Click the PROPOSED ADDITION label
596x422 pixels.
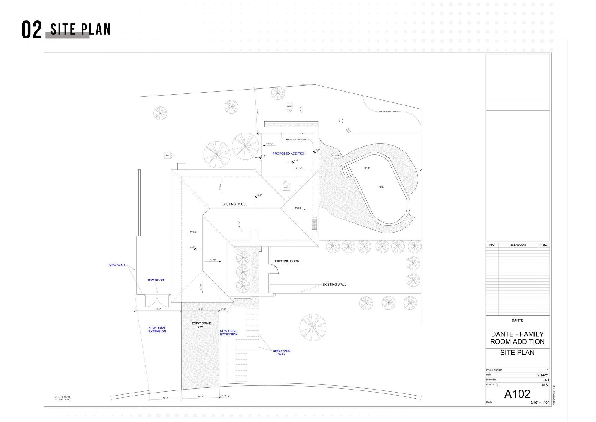(x=289, y=154)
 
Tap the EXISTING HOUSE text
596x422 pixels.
(x=234, y=204)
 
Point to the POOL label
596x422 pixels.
(x=381, y=187)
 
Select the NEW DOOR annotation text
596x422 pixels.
(x=155, y=280)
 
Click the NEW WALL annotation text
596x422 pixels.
(x=117, y=265)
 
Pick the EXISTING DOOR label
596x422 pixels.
(x=287, y=261)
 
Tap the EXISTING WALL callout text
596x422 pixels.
(x=334, y=284)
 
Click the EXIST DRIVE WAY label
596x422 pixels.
(x=201, y=325)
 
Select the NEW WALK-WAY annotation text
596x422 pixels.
(x=282, y=353)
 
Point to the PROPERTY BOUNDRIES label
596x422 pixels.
(x=389, y=112)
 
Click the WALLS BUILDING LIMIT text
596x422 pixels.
(x=296, y=139)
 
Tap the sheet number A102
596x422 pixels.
(x=517, y=394)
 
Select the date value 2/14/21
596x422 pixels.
(x=543, y=375)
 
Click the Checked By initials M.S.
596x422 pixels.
(x=545, y=385)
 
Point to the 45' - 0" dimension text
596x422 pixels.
(x=367, y=168)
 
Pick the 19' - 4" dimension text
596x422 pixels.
(x=158, y=309)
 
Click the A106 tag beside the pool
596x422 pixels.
(x=337, y=156)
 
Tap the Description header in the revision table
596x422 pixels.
(x=517, y=245)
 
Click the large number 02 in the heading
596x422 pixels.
(x=32, y=30)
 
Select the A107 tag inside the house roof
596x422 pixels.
(x=286, y=187)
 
